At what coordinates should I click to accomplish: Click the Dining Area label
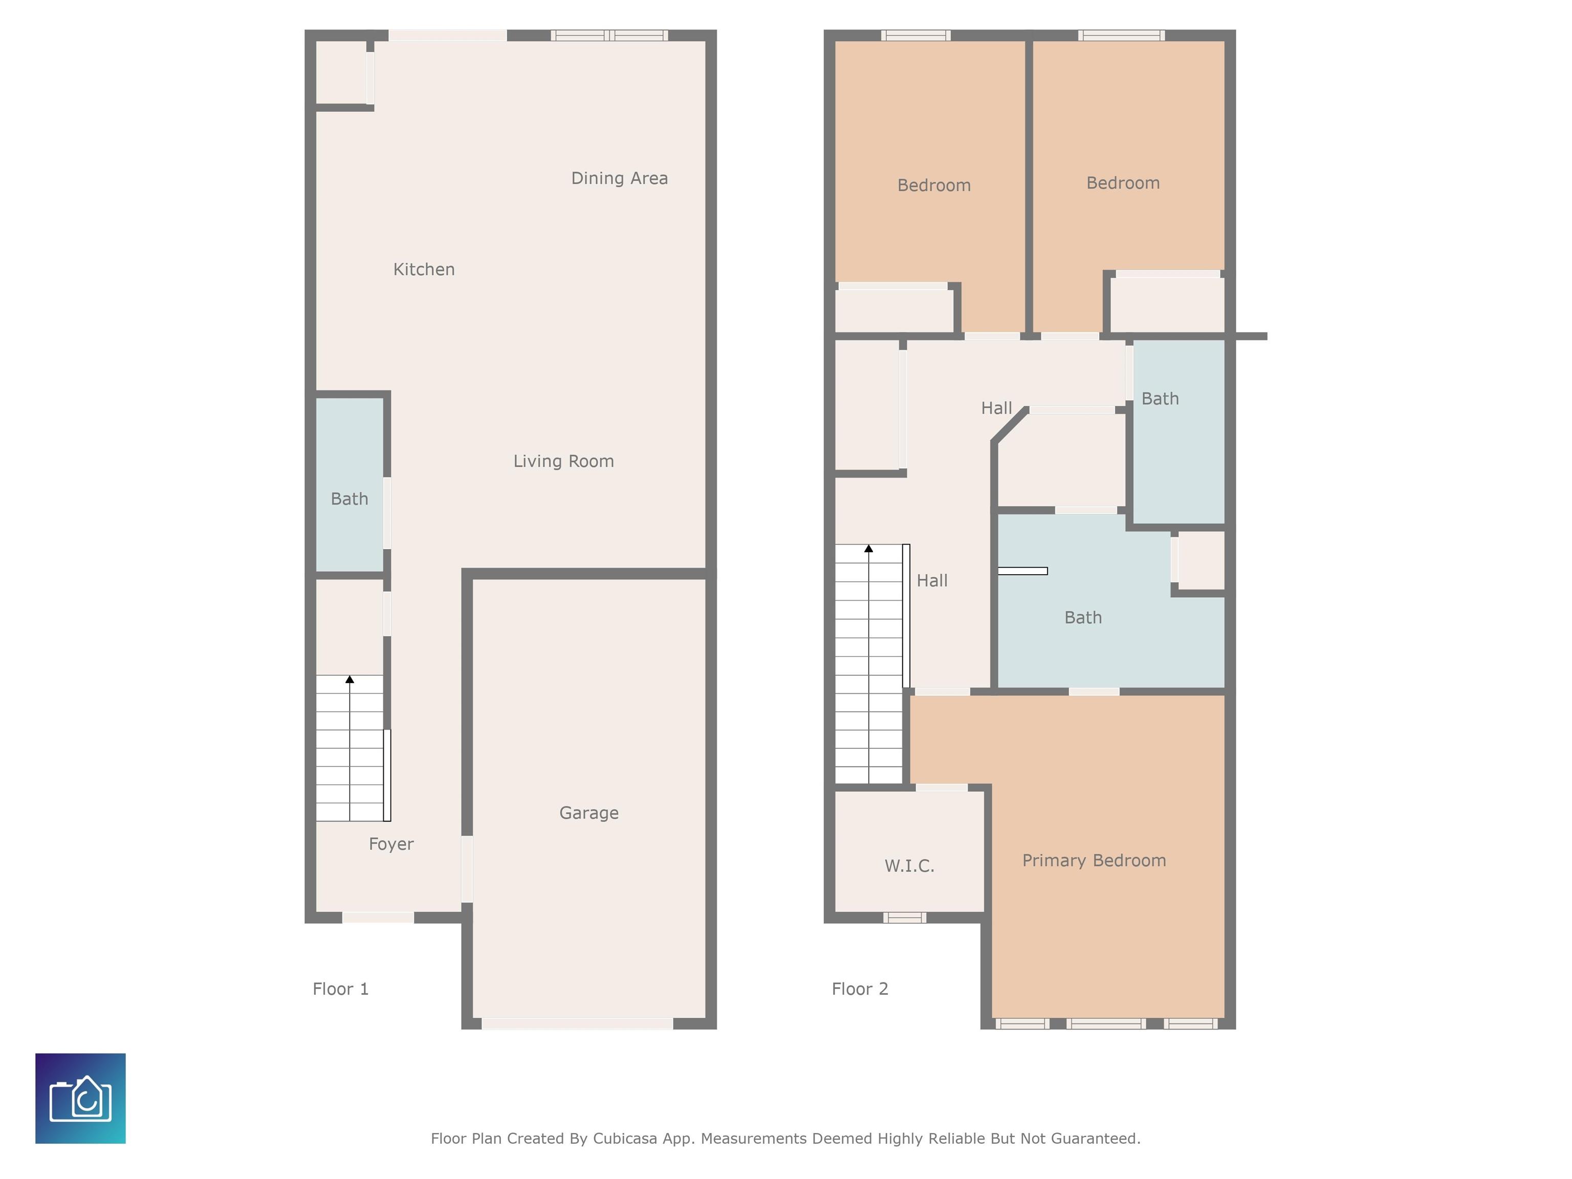coord(619,179)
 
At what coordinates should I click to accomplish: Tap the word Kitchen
coord(424,269)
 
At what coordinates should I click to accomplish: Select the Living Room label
coord(563,461)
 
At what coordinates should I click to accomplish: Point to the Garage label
coord(588,813)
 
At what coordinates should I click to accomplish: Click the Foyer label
coord(391,844)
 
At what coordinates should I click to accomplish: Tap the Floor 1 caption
coord(340,989)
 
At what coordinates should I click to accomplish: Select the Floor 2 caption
coord(860,989)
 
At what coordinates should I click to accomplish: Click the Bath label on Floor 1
coord(349,499)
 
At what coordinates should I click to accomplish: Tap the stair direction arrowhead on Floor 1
coord(350,680)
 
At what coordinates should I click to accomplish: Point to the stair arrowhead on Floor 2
coord(868,549)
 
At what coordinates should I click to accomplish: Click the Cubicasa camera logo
coord(80,1098)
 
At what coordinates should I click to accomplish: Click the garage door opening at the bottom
coord(577,1023)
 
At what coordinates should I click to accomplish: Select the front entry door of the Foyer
coord(378,918)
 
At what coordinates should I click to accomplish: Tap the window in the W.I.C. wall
coord(905,918)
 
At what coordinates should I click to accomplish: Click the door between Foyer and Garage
coord(467,869)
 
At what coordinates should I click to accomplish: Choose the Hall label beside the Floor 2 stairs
coord(932,581)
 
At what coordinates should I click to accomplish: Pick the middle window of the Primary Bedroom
coord(1106,1023)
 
